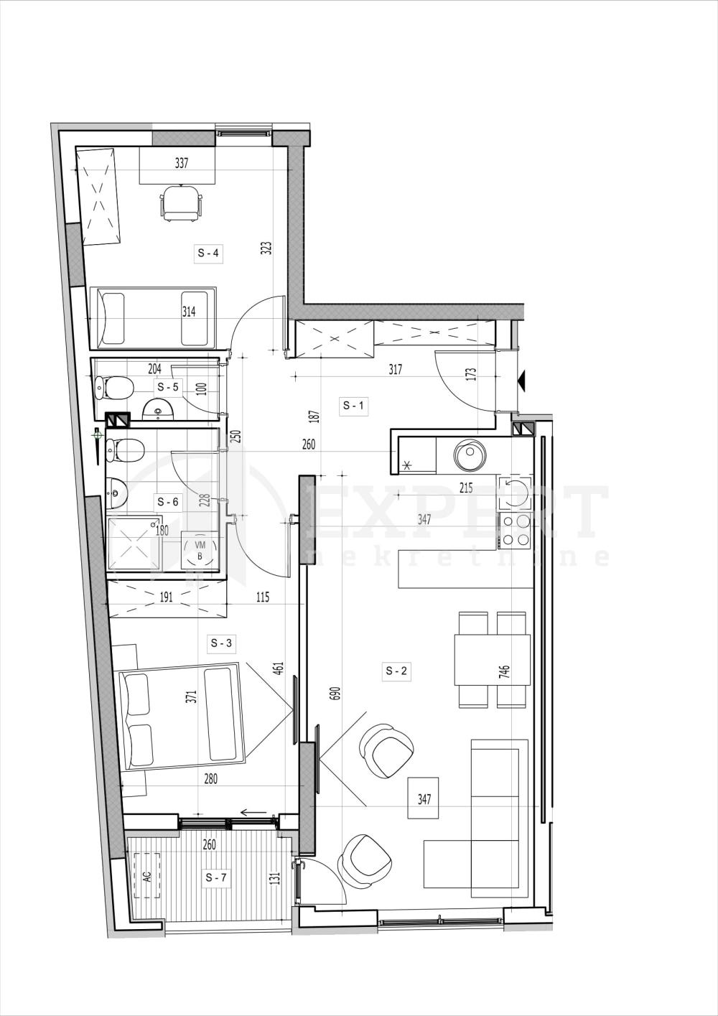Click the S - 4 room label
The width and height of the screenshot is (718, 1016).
point(208,253)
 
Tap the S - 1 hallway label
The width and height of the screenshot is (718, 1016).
point(354,406)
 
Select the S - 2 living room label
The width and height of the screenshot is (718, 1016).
point(396,671)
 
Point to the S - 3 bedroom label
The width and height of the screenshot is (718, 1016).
point(221,643)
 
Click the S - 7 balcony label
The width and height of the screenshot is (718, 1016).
point(216,877)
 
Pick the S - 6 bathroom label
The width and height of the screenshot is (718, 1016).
point(167,502)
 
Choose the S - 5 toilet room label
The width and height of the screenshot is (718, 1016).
point(167,387)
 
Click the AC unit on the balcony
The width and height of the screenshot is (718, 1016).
point(147,876)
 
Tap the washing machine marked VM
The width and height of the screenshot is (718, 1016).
point(200,551)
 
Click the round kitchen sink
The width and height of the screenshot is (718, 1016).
point(471,454)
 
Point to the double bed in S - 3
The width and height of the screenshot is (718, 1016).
point(182,718)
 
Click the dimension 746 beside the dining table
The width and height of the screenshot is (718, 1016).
point(505,672)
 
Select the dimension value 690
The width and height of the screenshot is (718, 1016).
point(334,693)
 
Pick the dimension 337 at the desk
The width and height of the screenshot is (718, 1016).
point(182,163)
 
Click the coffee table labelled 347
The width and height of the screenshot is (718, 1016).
point(424,798)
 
